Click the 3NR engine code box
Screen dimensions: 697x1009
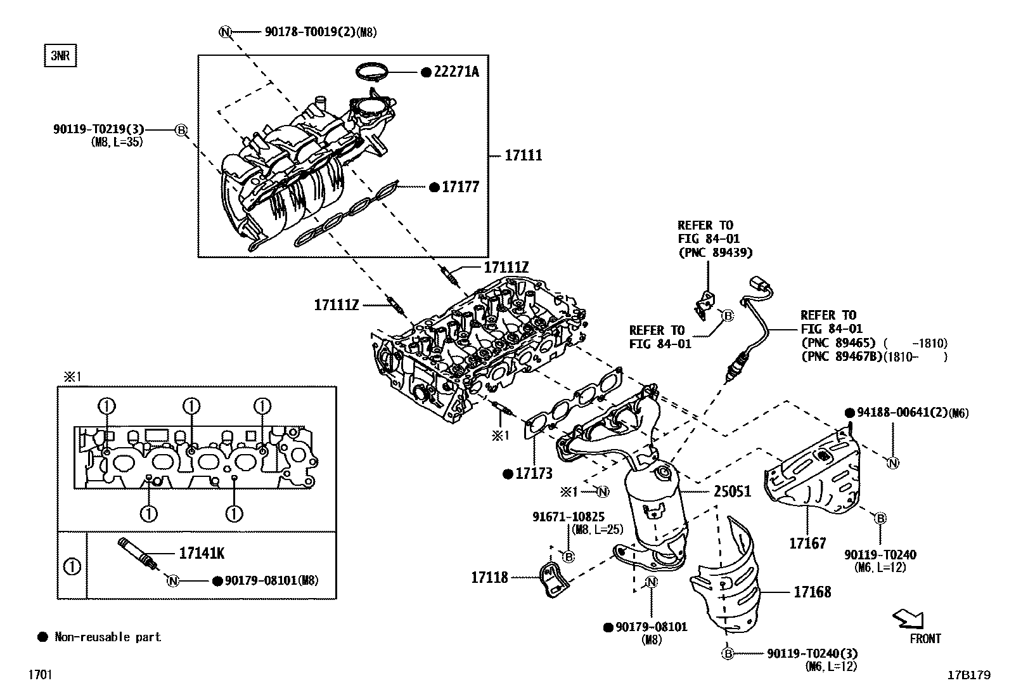60,56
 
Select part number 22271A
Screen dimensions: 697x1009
456,72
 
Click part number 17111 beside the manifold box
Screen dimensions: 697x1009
524,155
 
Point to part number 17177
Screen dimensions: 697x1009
461,187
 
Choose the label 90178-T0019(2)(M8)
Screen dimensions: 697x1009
320,32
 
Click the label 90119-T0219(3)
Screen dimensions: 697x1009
99,130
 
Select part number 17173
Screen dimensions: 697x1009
534,474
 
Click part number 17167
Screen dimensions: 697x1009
807,543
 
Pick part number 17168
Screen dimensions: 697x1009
813,592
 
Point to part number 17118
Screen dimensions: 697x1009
489,577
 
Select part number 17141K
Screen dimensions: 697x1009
202,553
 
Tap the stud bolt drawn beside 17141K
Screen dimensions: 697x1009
136,550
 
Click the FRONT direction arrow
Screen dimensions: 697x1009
908,618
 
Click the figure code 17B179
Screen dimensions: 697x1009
968,675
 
